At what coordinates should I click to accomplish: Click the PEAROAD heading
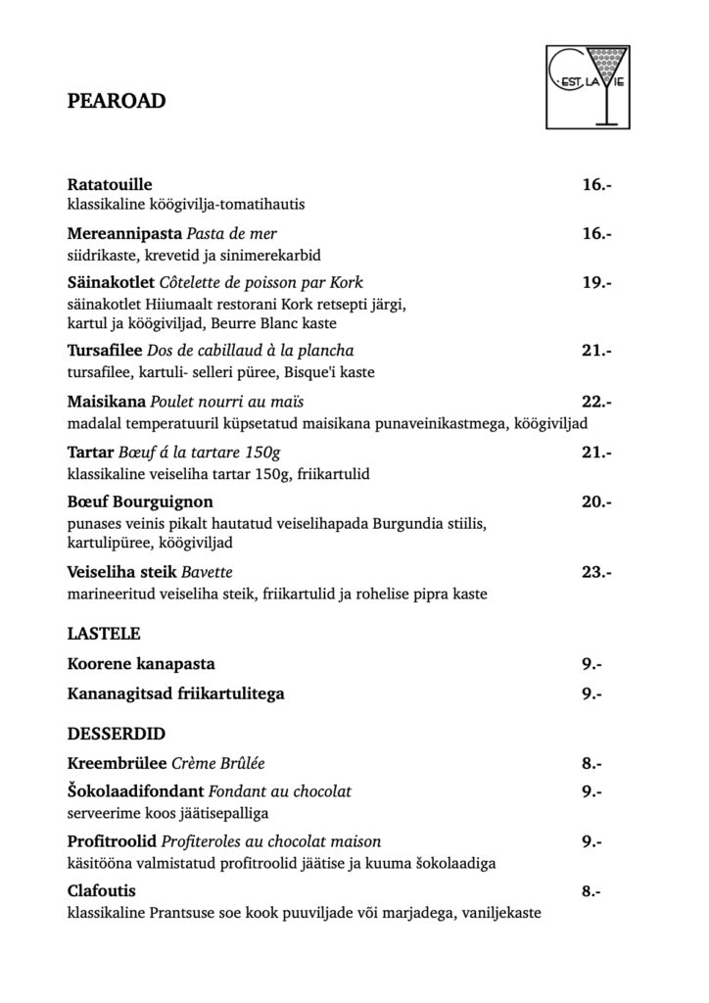(x=116, y=100)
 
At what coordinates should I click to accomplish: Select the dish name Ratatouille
(x=110, y=184)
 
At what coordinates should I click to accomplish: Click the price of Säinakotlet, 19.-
(x=596, y=282)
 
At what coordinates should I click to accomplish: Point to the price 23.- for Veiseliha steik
(x=596, y=572)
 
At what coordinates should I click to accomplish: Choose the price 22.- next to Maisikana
(x=596, y=402)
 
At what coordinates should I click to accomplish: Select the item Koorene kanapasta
(x=141, y=664)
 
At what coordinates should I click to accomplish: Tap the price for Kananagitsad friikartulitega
(x=591, y=694)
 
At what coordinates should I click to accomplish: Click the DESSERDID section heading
(x=115, y=732)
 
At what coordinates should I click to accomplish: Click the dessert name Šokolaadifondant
(x=136, y=791)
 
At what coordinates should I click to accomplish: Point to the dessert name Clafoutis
(x=102, y=891)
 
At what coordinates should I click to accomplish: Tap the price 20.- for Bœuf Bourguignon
(x=596, y=502)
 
